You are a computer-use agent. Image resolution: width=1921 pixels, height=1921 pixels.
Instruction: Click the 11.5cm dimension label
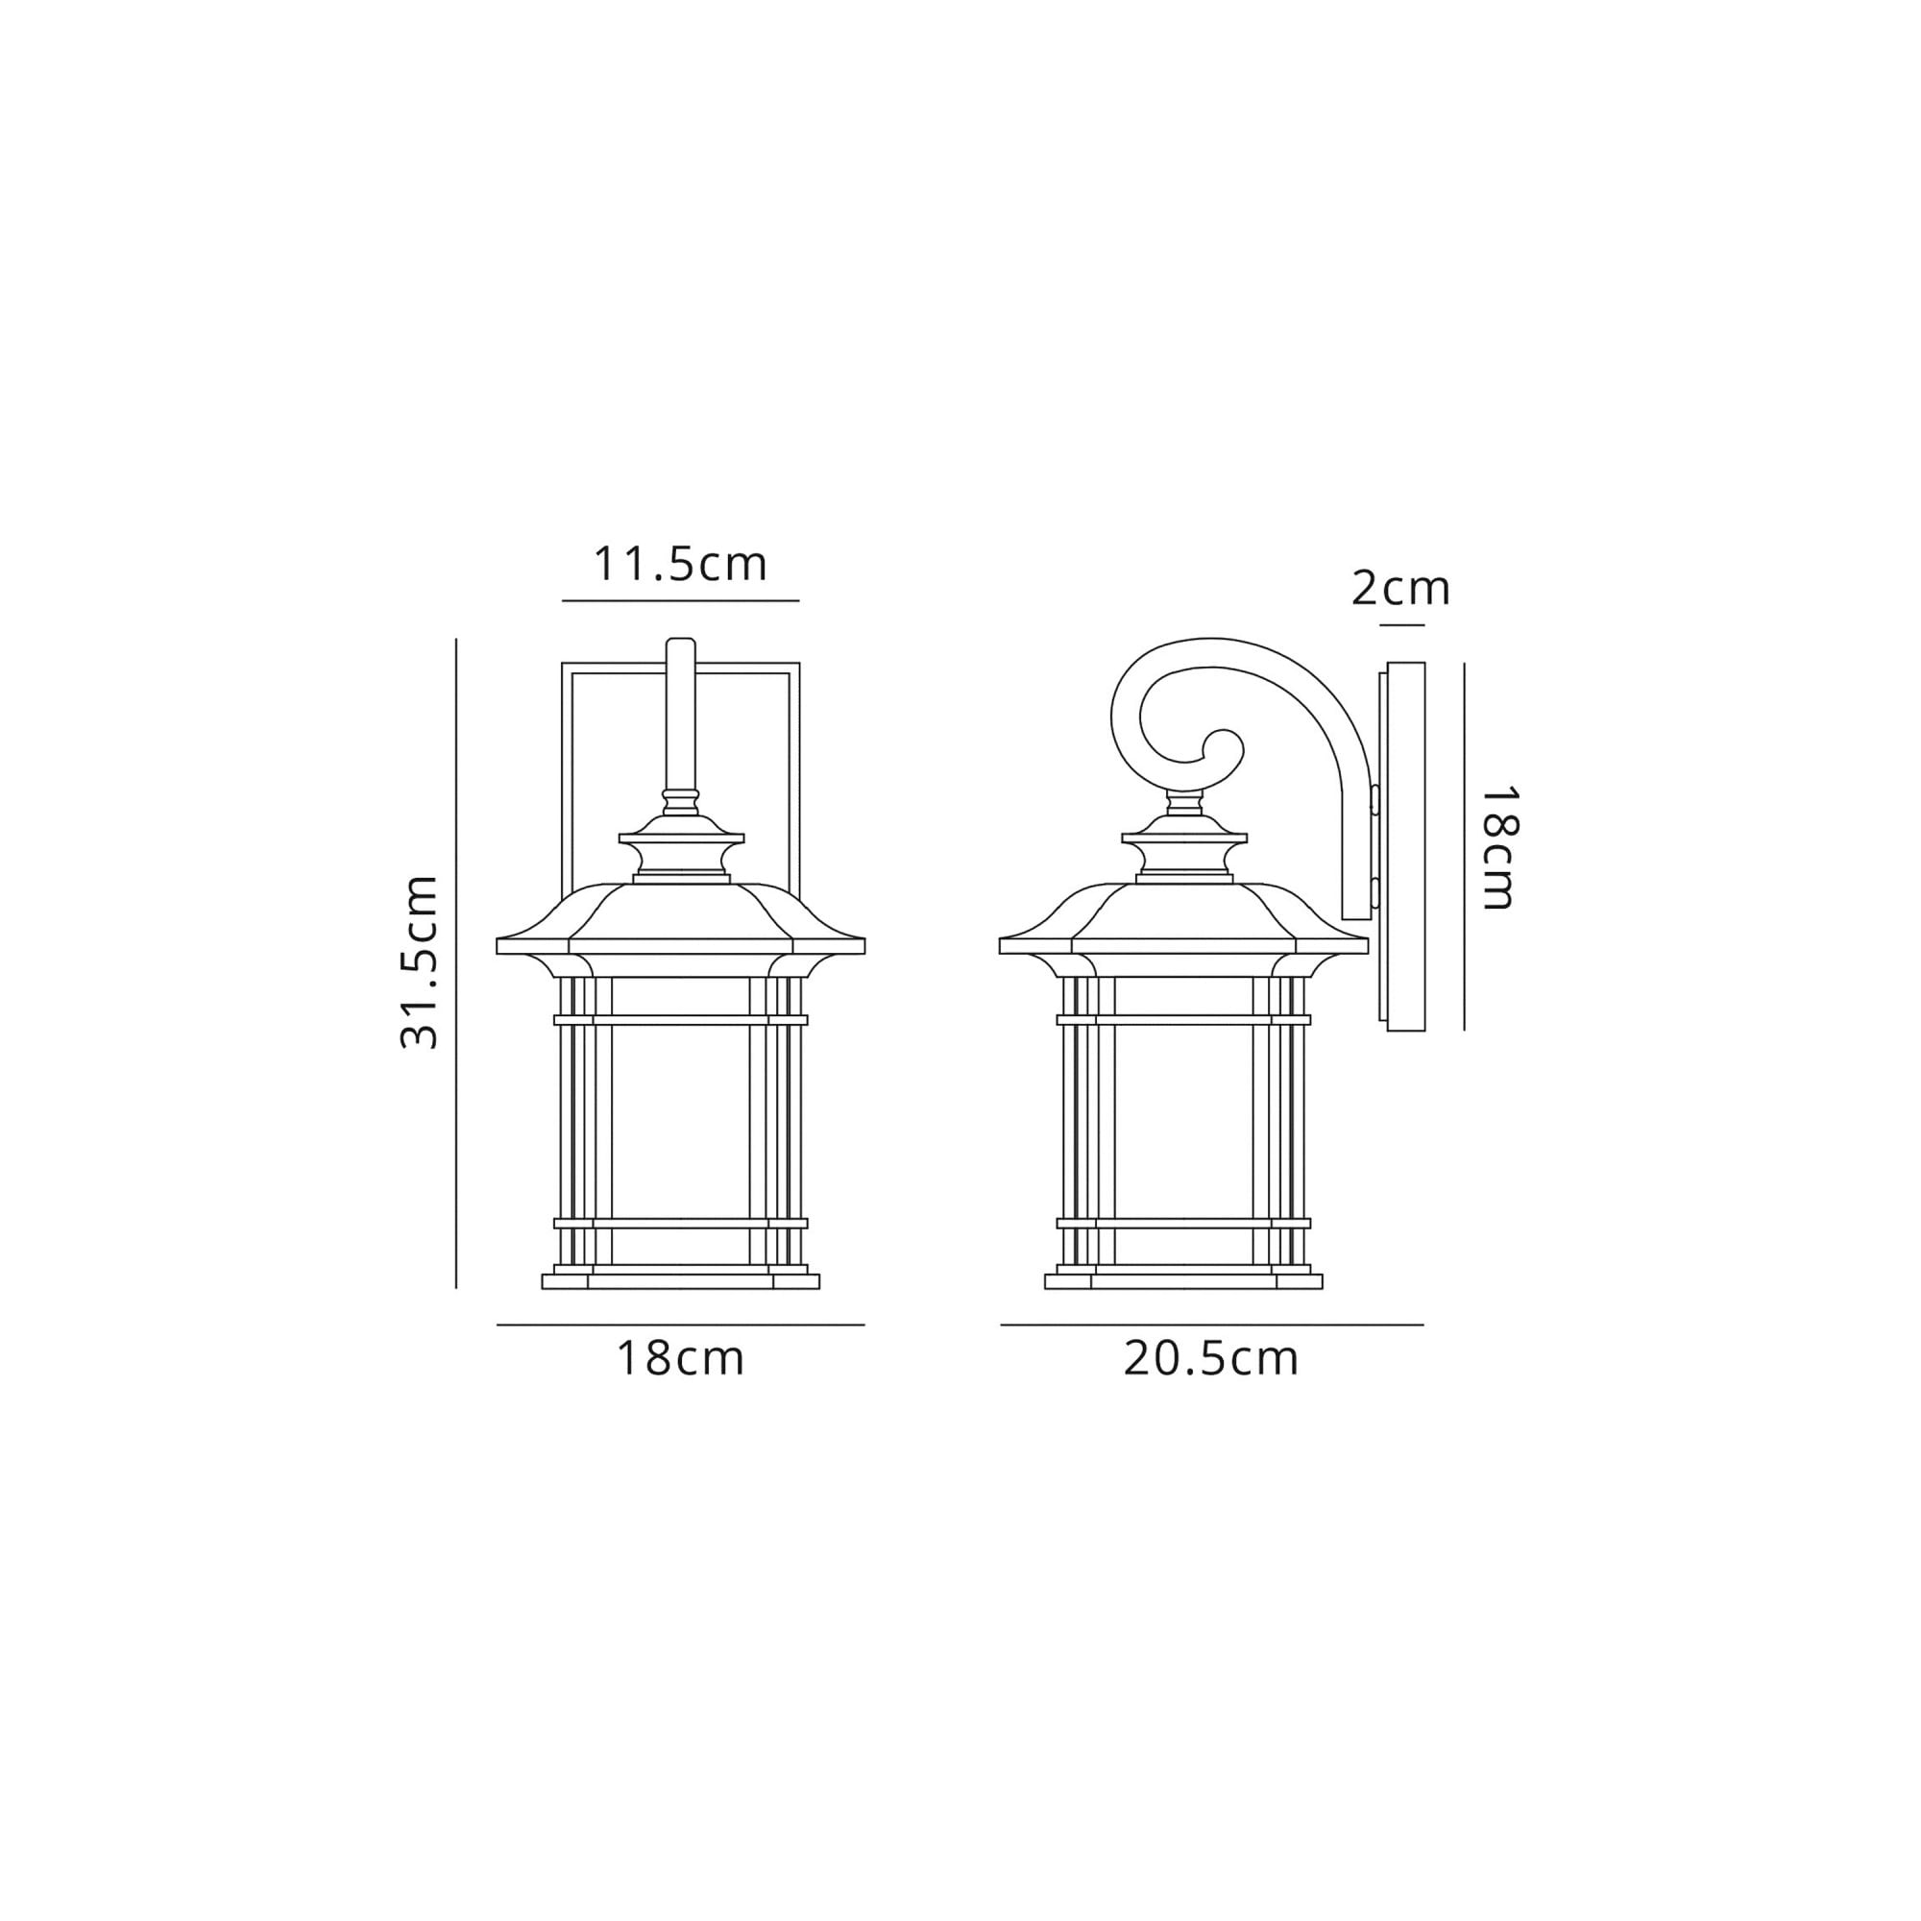(680, 565)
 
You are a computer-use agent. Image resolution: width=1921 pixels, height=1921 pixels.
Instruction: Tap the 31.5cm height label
(419, 962)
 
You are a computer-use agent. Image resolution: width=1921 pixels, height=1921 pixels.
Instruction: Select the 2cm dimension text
(1401, 590)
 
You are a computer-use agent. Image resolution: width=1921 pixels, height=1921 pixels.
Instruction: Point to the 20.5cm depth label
(1211, 1359)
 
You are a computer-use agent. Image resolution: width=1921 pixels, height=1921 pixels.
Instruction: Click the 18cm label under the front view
(680, 1359)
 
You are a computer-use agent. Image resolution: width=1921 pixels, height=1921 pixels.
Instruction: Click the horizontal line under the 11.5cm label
(680, 600)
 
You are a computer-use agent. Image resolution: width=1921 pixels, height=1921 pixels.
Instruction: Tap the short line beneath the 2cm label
(1402, 625)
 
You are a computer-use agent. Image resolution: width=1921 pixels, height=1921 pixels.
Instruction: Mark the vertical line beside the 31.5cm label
(456, 962)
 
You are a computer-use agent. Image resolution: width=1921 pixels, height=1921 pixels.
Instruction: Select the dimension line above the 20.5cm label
(1211, 1325)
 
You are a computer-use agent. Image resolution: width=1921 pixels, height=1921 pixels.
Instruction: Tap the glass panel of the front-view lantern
(680, 1119)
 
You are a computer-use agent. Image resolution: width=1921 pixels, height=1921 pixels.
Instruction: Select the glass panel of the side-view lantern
(1183, 1119)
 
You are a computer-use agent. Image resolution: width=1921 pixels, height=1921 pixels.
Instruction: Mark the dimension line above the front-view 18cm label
(680, 1325)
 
